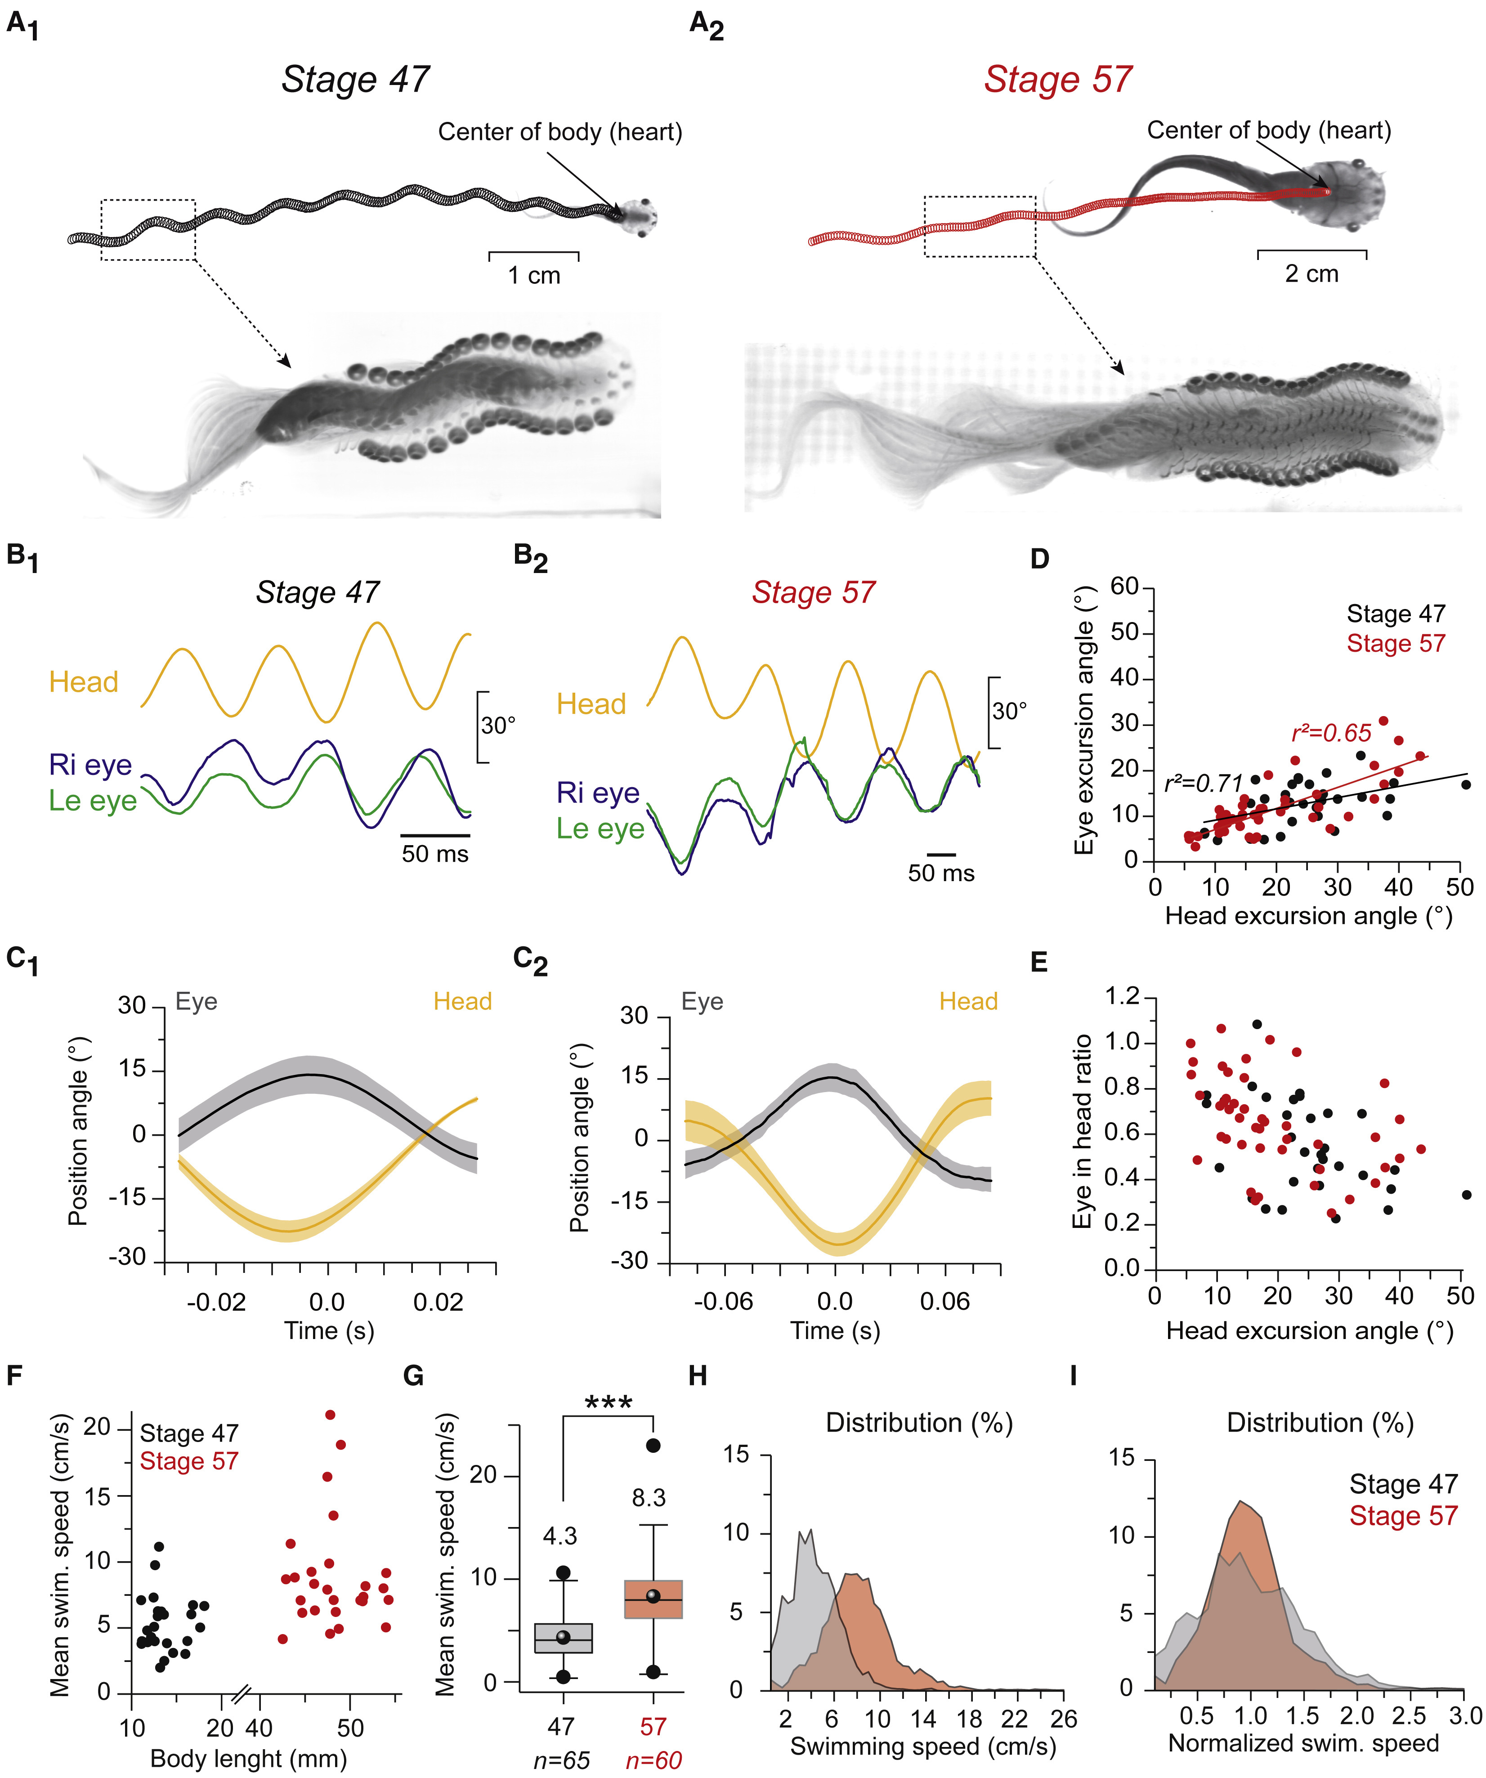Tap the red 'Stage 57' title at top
(x=1057, y=80)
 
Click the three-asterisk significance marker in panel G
(x=608, y=1404)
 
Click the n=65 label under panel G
(x=561, y=1760)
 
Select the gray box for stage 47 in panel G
(x=563, y=1638)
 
